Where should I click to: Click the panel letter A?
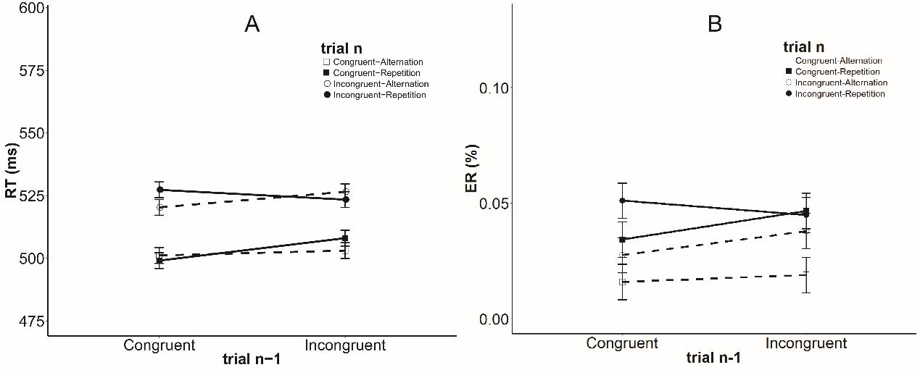(x=252, y=25)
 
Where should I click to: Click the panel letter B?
(x=714, y=25)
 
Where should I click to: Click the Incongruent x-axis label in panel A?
(x=345, y=345)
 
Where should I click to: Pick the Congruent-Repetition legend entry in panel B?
(x=837, y=72)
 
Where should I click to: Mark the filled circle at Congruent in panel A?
(x=159, y=190)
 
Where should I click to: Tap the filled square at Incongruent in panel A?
(x=345, y=238)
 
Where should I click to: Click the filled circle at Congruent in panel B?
(x=623, y=201)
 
